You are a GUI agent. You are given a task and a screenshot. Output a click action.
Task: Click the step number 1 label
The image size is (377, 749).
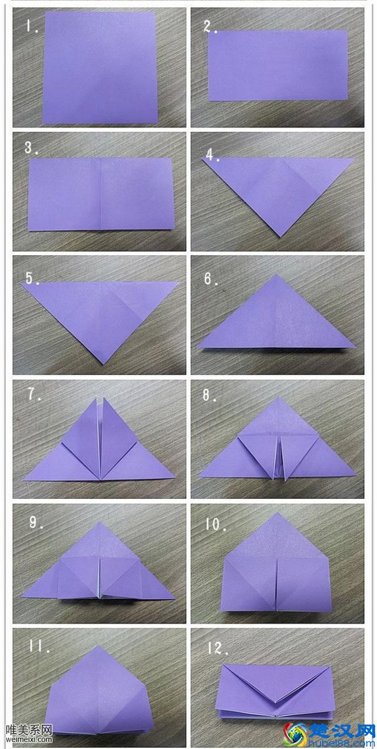(x=32, y=26)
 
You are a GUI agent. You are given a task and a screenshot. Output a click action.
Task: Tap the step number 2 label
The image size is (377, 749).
(x=210, y=26)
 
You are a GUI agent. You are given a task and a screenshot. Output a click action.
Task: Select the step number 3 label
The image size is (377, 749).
(x=31, y=148)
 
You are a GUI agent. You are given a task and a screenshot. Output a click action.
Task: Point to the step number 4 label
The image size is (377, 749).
(x=212, y=155)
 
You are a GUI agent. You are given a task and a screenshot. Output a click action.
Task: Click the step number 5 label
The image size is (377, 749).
(x=32, y=278)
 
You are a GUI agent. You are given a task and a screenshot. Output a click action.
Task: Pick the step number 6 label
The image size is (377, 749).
(x=211, y=279)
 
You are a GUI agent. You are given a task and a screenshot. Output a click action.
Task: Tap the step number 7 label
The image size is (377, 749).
(x=34, y=395)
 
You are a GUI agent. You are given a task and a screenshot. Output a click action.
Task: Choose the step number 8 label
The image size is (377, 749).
(x=210, y=395)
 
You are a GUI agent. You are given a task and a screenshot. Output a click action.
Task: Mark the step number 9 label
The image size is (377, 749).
(x=35, y=522)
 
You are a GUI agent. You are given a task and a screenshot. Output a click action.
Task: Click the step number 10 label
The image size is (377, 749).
(x=216, y=524)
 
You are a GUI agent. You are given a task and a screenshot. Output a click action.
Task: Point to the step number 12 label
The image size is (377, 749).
(x=217, y=648)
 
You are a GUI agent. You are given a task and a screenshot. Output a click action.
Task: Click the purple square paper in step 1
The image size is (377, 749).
(x=100, y=68)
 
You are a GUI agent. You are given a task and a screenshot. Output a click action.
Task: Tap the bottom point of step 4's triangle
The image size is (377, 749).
(x=280, y=237)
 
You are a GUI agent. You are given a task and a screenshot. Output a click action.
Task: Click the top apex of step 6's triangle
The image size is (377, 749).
(x=276, y=275)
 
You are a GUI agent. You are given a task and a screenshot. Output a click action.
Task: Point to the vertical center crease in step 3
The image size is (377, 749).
(x=101, y=194)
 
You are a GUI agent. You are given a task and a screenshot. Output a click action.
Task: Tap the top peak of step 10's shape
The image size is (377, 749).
(x=276, y=513)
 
